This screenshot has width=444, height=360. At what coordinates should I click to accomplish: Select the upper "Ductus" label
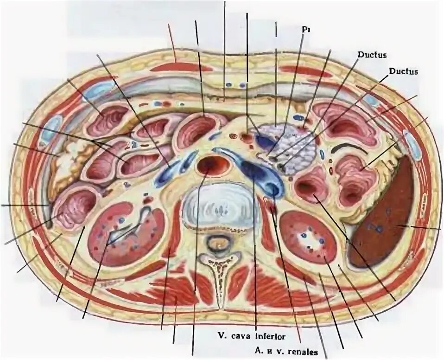[372, 55]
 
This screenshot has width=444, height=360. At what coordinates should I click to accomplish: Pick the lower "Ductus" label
[403, 71]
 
